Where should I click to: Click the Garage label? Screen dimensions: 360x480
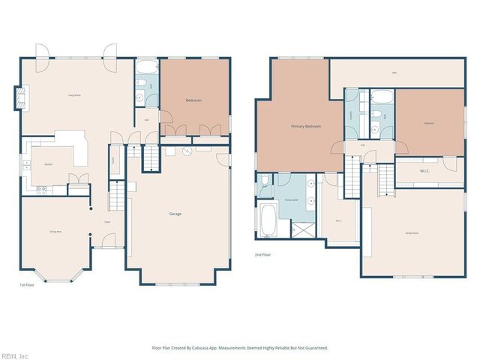pos(175,214)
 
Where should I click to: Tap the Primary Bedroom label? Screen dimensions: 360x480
pos(306,126)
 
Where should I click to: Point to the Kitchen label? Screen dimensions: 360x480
pos(47,163)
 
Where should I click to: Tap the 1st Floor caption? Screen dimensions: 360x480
pos(26,285)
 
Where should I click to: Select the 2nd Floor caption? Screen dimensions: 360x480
pos(263,254)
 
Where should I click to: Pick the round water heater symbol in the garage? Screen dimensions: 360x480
pos(187,151)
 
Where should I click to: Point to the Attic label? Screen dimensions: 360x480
pos(394,73)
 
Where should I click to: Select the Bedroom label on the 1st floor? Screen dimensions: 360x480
pos(193,100)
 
